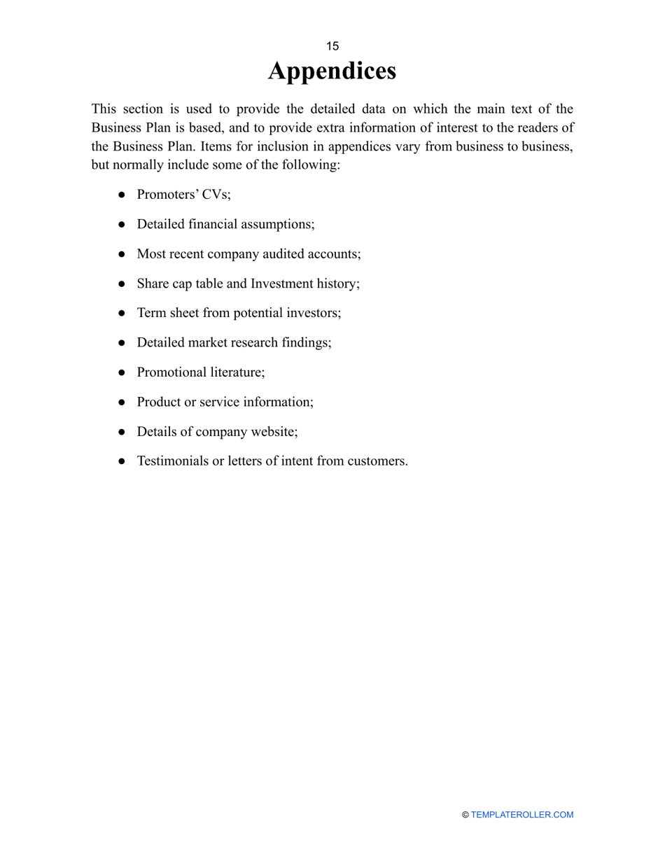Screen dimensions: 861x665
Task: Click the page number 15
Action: point(332,46)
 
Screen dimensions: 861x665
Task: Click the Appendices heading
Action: point(332,71)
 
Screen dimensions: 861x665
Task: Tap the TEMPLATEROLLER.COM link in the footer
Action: point(522,815)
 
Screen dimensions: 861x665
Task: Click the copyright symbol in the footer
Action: point(465,815)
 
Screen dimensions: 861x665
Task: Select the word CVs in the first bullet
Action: point(216,195)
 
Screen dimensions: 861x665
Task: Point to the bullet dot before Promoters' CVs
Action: point(122,195)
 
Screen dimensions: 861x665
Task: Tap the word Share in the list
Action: point(152,283)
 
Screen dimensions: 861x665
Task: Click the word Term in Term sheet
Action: point(150,313)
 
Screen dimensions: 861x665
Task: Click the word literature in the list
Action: point(237,372)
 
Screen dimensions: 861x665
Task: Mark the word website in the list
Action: point(272,431)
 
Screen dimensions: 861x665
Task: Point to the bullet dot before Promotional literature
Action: point(122,373)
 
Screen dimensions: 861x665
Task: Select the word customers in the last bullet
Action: point(377,461)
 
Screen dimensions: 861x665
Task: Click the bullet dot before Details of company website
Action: point(122,432)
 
